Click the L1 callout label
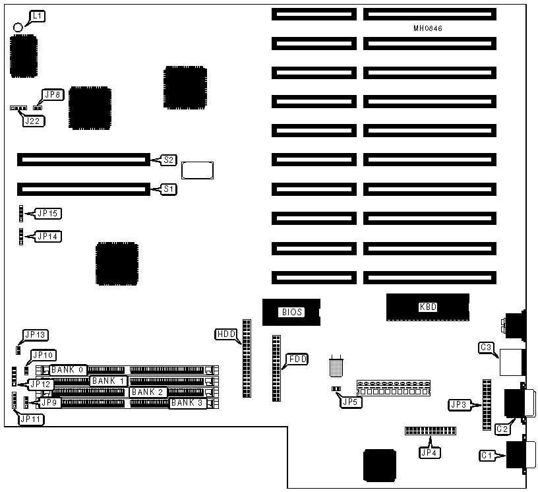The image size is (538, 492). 38,15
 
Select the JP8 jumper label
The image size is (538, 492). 52,95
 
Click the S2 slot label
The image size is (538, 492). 169,160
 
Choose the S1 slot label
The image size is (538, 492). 169,189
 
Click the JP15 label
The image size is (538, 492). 49,213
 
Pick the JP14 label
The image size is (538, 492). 49,235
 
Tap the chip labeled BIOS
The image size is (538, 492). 291,312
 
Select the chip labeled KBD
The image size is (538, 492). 428,307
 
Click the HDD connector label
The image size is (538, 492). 225,334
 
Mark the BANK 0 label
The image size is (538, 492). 68,369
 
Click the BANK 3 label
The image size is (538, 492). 187,403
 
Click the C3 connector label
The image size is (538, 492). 487,347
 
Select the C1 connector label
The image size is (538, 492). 487,455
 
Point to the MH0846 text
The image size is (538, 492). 428,29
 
